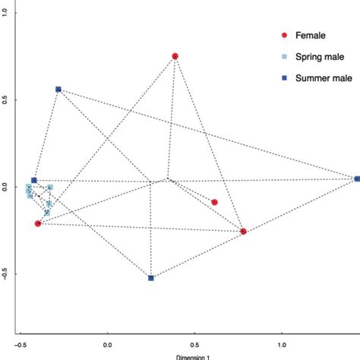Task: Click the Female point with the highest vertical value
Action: coord(175,56)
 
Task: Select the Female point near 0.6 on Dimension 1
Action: coord(215,202)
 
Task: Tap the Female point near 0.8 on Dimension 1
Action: coord(244,231)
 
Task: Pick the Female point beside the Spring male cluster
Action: coord(38,223)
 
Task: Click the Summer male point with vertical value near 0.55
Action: coord(58,90)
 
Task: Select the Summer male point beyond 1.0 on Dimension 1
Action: coord(357,178)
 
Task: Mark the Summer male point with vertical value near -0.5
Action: coord(151,278)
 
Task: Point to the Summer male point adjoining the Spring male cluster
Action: coord(33,180)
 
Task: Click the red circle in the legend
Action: coord(284,35)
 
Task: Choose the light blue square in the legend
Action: coord(284,56)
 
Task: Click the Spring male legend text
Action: coord(320,56)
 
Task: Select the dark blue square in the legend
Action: coord(284,78)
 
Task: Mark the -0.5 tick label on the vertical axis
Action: coord(5,274)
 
